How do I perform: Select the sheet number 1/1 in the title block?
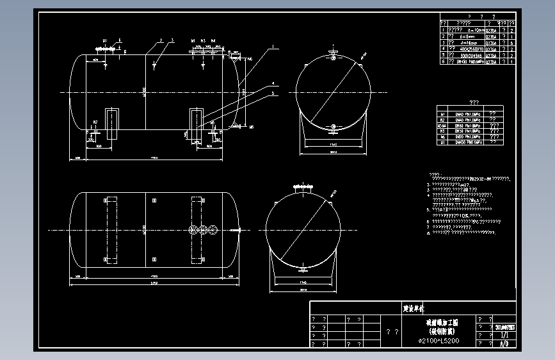pos(504,334)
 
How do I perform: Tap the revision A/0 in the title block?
pos(504,343)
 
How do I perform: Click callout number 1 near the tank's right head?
pos(272,47)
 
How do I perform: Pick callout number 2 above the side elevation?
pos(162,40)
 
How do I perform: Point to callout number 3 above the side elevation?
pos(172,40)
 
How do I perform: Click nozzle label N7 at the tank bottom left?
pos(95,122)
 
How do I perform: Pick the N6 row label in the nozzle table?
pos(442,136)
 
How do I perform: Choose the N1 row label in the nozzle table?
pos(442,113)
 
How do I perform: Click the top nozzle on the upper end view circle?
pos(333,54)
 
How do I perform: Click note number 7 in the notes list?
pos(428,227)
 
